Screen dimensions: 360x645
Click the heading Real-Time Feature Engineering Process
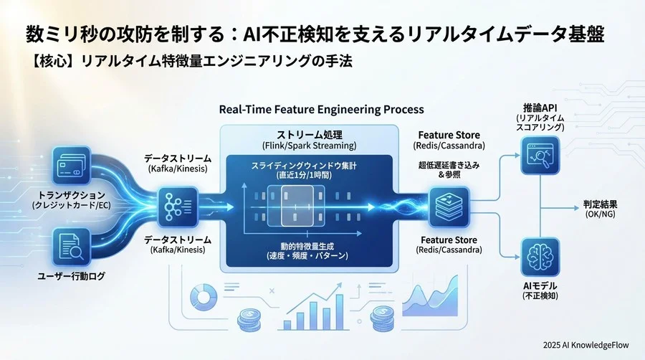point(321,110)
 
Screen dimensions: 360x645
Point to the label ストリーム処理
point(309,134)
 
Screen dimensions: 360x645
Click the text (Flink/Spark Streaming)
point(309,146)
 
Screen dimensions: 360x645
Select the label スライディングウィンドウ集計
point(309,166)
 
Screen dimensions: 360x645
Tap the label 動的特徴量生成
point(309,246)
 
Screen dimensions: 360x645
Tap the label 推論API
point(540,107)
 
